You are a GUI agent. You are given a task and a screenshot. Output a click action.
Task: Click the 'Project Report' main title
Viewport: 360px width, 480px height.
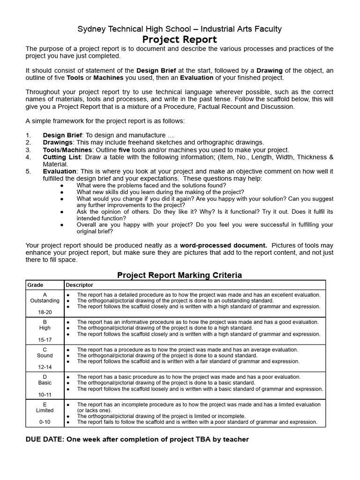coord(180,39)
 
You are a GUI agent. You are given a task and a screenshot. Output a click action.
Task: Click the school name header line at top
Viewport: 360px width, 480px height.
coord(180,29)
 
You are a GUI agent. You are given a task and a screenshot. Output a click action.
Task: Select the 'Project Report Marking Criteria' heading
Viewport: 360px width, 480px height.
coord(180,275)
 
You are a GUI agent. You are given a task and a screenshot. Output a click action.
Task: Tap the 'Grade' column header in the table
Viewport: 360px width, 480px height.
coord(35,285)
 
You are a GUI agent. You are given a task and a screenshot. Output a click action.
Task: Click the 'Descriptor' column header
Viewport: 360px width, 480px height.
coord(79,285)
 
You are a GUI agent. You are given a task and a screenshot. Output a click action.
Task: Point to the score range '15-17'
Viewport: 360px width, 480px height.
coord(45,339)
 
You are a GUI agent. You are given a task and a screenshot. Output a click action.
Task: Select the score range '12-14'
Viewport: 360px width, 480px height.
coord(45,367)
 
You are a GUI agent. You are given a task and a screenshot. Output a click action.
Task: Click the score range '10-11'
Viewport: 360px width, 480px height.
coord(45,394)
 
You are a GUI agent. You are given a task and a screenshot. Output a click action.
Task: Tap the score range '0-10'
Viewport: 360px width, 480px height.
coord(45,422)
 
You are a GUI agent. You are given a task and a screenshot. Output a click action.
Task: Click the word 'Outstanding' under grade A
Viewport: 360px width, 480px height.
coord(45,300)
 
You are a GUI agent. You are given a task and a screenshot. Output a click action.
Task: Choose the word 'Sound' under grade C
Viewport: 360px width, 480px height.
coord(45,356)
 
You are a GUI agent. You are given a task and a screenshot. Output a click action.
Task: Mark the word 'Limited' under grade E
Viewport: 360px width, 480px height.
coord(45,411)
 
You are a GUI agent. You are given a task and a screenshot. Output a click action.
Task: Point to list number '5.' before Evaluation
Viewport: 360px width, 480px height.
coord(29,172)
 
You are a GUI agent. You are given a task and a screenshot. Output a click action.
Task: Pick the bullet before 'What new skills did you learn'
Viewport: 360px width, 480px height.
coord(62,192)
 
